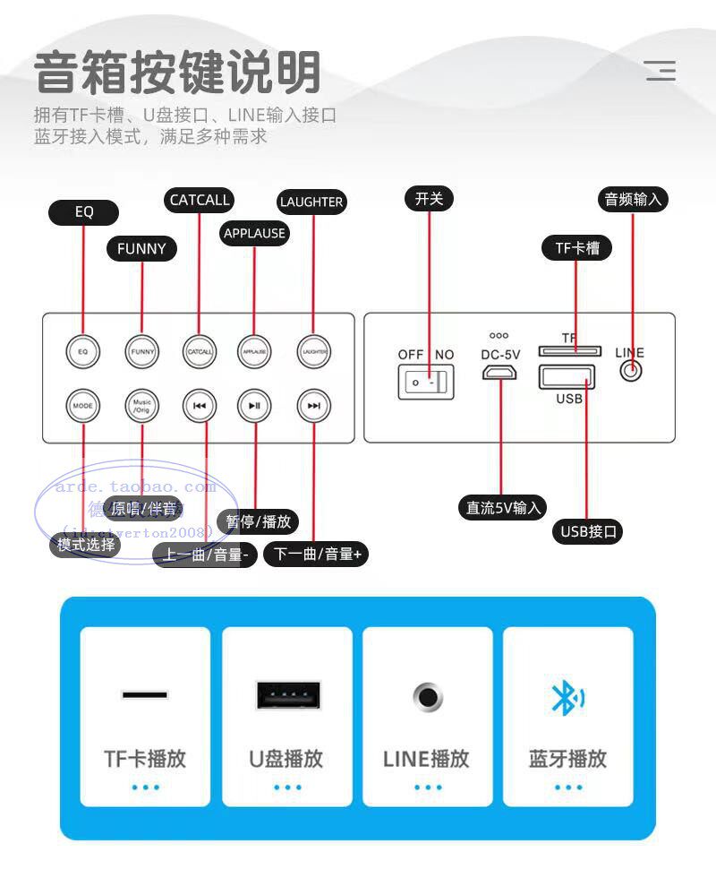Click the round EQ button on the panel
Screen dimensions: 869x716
(82, 351)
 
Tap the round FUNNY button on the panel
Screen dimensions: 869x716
(142, 351)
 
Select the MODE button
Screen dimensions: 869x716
(82, 405)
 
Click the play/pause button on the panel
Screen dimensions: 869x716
(255, 405)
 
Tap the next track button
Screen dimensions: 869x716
(313, 405)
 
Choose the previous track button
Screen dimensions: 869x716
(199, 405)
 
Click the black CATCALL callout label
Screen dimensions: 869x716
(200, 200)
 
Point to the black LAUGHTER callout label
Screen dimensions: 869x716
(311, 202)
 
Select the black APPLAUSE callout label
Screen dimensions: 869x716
(254, 233)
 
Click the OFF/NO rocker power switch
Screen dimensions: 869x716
(424, 383)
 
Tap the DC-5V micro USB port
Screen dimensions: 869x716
(500, 371)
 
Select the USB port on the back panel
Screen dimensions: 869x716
(567, 376)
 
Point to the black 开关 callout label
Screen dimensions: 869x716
(429, 198)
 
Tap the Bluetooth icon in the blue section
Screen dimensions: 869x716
(567, 698)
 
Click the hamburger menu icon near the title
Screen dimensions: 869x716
(661, 71)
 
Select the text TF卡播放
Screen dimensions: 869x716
(145, 759)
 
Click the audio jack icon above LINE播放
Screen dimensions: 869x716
(427, 696)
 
